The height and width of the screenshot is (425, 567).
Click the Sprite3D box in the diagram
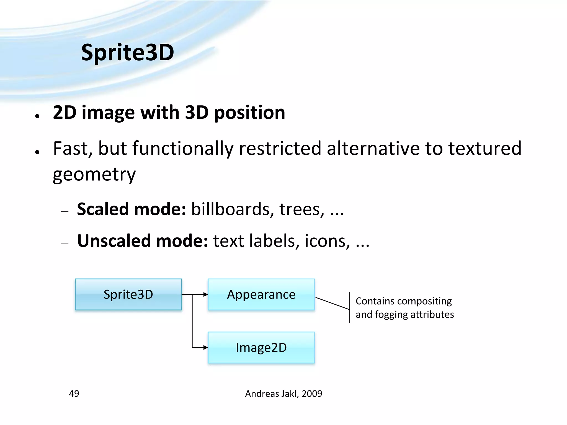(x=128, y=294)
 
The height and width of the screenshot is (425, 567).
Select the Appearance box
(x=261, y=294)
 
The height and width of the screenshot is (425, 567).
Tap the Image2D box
(x=261, y=348)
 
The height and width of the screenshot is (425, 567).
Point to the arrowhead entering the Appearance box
(x=205, y=294)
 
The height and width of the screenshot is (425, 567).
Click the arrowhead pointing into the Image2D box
(x=205, y=348)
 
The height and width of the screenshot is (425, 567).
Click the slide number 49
(x=74, y=393)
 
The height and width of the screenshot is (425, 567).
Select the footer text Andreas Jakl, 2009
(x=283, y=393)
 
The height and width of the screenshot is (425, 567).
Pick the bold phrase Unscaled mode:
(x=142, y=241)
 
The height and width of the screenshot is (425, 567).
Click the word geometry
(x=94, y=175)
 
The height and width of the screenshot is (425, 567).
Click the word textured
(x=485, y=149)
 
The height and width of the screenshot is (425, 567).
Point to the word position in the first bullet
(x=249, y=113)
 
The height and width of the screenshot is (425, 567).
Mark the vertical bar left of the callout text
(x=350, y=307)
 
